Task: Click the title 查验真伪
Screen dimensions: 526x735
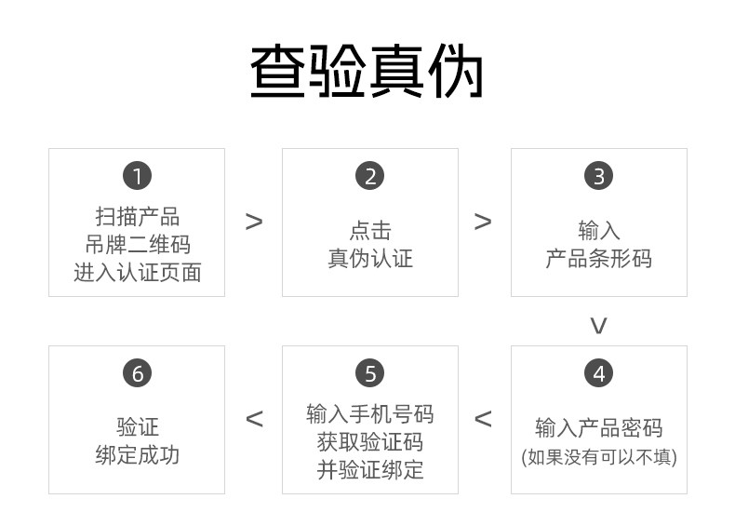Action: [x=367, y=73]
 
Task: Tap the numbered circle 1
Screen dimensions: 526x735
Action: [x=137, y=176]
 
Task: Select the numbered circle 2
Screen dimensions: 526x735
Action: [x=369, y=176]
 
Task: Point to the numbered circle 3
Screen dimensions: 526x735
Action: [x=598, y=176]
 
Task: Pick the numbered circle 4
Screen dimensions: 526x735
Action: [x=598, y=373]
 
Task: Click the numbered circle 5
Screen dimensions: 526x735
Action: [x=369, y=373]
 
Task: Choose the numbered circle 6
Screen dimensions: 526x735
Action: [x=137, y=373]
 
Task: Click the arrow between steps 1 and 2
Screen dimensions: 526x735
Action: [x=254, y=222]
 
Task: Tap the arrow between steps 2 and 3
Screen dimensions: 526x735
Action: [x=483, y=222]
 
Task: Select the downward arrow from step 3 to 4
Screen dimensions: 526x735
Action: [x=598, y=325]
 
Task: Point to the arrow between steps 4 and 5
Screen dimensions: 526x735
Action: [x=483, y=419]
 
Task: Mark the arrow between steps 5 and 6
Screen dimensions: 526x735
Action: [x=254, y=419]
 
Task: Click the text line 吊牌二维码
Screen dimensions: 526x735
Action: [x=137, y=245]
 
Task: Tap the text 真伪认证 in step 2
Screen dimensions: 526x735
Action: [x=369, y=258]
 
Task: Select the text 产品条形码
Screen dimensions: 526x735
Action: [x=598, y=258]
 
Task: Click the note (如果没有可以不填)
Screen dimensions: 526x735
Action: [x=598, y=457]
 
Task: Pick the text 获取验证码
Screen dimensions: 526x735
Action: [x=369, y=442]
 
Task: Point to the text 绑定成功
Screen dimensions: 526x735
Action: [x=137, y=455]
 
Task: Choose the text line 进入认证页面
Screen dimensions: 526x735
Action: [x=137, y=273]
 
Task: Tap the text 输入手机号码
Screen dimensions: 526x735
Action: [x=369, y=414]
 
